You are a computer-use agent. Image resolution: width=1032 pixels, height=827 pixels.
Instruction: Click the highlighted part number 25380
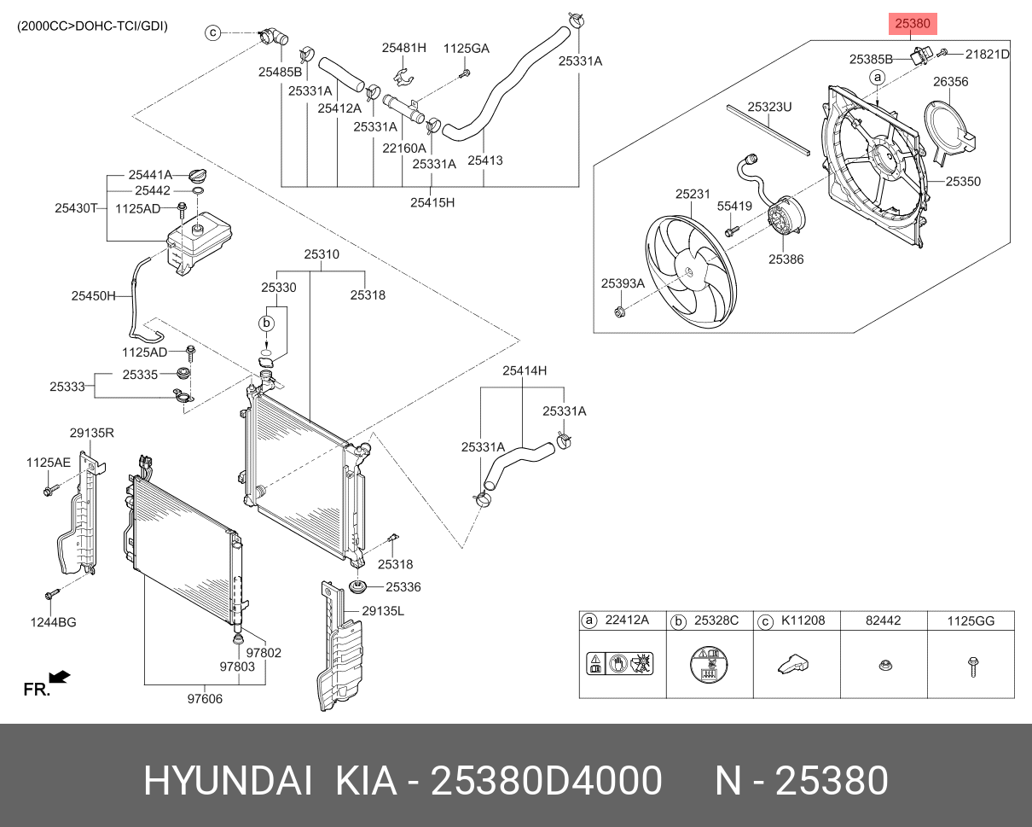(912, 25)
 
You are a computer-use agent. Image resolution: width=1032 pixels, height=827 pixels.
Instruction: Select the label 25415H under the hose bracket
(432, 202)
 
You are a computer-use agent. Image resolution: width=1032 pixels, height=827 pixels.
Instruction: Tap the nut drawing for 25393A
(620, 310)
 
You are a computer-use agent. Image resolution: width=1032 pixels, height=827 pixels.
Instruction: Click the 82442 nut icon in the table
(884, 665)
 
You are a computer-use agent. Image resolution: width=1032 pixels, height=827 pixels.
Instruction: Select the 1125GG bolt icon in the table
(971, 666)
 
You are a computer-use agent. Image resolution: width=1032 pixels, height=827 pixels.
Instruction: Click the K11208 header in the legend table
(803, 620)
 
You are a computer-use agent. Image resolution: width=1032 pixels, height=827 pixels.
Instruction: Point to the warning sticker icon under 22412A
(620, 664)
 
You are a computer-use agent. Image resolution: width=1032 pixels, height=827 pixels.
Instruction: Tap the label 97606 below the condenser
(205, 699)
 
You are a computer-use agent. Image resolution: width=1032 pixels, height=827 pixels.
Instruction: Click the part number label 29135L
(382, 611)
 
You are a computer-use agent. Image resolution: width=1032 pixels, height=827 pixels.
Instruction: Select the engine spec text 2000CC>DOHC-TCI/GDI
(92, 26)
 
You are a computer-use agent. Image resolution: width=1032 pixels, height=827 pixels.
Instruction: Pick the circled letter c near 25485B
(213, 33)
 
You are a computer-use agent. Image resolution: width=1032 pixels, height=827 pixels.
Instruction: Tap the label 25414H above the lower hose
(524, 370)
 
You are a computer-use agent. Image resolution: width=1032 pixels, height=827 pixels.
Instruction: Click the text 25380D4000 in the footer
(546, 781)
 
